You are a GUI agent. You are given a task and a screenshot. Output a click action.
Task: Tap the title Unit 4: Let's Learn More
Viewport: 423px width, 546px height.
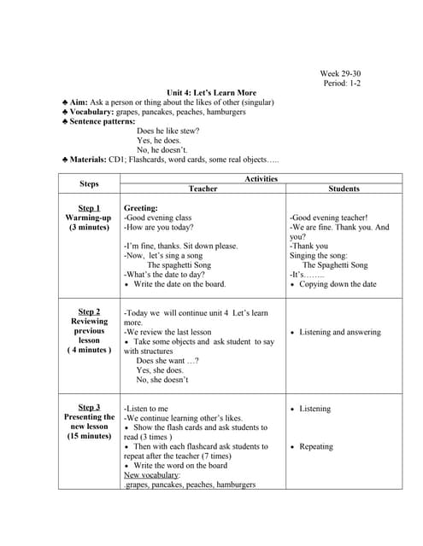point(211,92)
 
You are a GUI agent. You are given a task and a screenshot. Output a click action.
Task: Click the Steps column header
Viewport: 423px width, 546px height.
point(89,183)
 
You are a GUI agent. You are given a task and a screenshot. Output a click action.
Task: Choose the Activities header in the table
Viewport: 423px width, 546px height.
point(261,178)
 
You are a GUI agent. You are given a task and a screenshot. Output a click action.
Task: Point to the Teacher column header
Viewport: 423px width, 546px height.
point(203,189)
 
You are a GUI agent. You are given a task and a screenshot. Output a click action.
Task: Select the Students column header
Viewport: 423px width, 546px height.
point(344,189)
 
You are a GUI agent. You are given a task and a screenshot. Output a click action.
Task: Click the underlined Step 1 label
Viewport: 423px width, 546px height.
point(89,208)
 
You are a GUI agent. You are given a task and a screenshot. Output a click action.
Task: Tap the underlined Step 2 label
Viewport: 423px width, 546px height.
point(89,311)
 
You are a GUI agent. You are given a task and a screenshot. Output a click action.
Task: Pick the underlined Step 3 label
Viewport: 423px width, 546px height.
point(89,407)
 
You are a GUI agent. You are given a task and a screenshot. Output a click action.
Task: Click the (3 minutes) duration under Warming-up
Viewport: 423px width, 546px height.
point(89,228)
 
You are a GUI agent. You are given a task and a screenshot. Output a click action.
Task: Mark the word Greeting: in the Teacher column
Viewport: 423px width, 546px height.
point(141,208)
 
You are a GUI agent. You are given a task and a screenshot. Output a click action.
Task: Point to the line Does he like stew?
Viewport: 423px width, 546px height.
point(168,131)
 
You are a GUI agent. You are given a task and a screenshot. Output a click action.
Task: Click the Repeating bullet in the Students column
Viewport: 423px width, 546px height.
point(316,446)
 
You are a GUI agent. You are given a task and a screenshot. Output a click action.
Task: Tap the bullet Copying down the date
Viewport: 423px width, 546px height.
point(338,284)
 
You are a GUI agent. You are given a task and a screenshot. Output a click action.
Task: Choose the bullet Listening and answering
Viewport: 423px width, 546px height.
point(340,332)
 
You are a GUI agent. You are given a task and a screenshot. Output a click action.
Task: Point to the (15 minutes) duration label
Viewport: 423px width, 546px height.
point(89,436)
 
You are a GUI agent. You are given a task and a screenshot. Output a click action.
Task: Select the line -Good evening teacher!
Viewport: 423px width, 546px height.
point(328,218)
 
